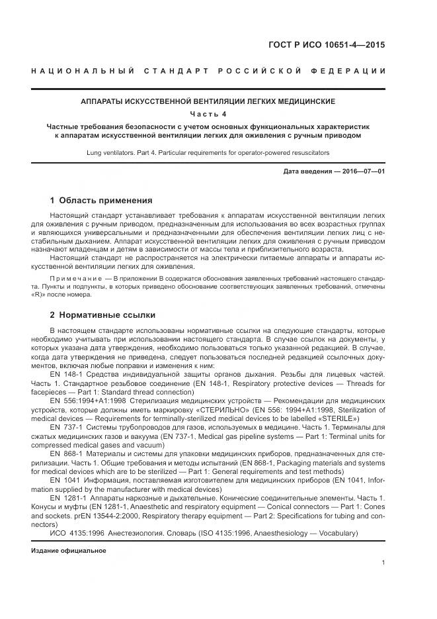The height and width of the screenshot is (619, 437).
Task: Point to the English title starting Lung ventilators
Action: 208,152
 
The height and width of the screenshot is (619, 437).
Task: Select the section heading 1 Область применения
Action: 101,200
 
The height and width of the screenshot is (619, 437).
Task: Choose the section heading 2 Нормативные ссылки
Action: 103,315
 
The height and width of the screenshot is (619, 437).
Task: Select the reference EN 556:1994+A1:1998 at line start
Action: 89,401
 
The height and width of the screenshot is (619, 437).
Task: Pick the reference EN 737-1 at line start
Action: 64,428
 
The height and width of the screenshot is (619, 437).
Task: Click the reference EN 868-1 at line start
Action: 64,453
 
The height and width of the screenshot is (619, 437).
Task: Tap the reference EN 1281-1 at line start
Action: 66,497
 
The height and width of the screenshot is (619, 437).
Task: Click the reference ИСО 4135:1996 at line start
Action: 75,532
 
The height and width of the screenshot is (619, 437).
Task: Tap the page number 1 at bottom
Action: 383,563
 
